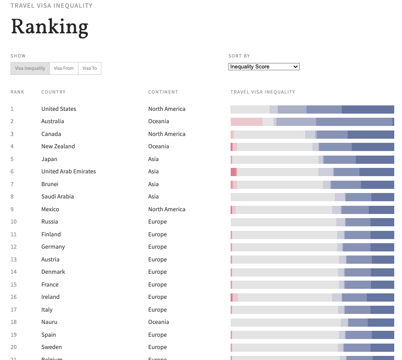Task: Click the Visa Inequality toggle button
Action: click(x=30, y=68)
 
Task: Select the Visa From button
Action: click(x=63, y=68)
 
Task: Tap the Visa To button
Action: click(x=90, y=68)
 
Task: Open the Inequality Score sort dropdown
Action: click(x=264, y=67)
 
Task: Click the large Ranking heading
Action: click(x=49, y=27)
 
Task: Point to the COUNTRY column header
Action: click(x=53, y=92)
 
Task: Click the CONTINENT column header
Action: click(x=163, y=92)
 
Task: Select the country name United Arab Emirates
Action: click(x=69, y=172)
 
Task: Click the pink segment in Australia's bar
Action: click(x=247, y=122)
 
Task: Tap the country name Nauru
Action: click(x=49, y=322)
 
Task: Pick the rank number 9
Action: click(x=12, y=209)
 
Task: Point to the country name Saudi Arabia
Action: click(x=58, y=197)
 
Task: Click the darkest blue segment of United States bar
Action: click(x=368, y=110)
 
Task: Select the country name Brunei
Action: click(x=50, y=184)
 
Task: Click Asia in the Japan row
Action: click(x=153, y=159)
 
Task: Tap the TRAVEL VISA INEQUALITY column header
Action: click(x=263, y=92)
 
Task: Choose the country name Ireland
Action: click(x=50, y=297)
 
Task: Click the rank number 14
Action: click(x=14, y=272)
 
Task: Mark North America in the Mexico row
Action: click(x=167, y=209)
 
